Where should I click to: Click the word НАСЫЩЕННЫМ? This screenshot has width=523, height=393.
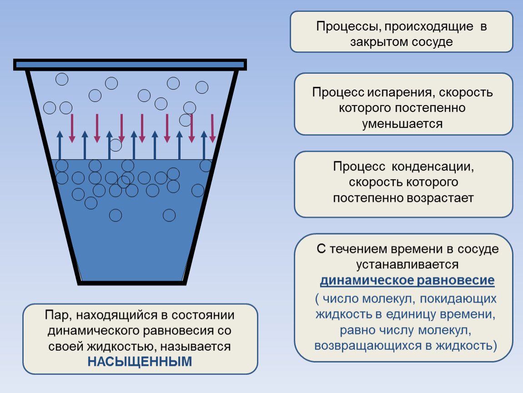140,362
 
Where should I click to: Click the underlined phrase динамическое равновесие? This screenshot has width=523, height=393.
407,280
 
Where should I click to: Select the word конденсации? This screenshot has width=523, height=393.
432,166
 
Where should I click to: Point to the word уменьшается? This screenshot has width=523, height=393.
402,124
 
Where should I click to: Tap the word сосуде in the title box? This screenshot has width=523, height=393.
432,42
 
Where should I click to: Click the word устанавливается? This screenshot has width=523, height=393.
407,265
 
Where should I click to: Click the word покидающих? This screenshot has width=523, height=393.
458,299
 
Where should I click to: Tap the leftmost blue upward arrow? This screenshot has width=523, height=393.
60,145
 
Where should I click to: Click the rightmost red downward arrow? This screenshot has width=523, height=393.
212,129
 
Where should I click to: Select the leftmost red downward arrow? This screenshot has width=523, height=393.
72,129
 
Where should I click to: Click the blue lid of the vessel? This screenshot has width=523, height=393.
130,65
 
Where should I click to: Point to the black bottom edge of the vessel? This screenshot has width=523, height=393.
132,283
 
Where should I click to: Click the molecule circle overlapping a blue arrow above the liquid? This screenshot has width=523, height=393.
116,145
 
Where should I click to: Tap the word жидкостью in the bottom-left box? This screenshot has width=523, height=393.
122,347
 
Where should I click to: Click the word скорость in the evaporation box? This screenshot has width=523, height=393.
466,92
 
